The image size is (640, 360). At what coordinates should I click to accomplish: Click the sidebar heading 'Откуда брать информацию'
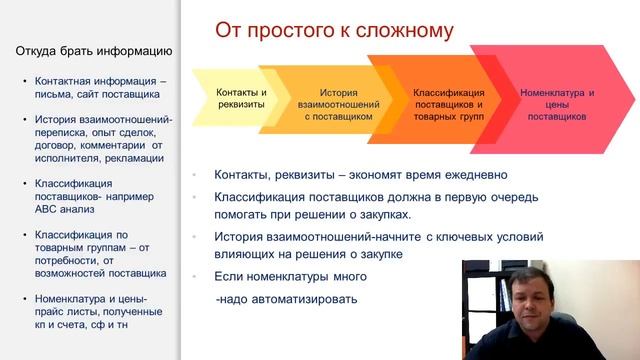(x=96, y=51)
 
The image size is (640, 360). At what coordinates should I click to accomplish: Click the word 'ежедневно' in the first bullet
(x=477, y=174)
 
